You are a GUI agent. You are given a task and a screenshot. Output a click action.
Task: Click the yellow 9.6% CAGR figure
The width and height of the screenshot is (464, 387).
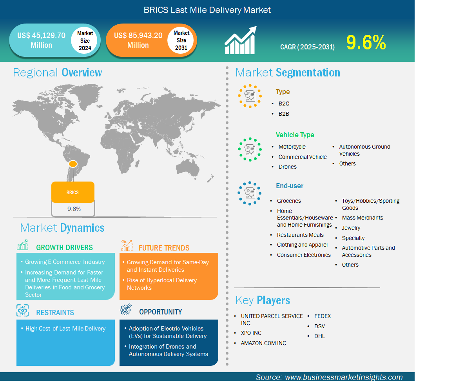coord(366,42)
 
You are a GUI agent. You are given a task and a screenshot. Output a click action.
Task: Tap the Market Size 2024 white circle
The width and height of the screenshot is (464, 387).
coord(85,40)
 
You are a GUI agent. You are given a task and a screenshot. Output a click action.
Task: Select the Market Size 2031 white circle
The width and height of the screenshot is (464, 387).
coord(181,40)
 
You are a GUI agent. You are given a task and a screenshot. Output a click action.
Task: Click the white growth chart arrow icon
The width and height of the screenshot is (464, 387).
coord(241,40)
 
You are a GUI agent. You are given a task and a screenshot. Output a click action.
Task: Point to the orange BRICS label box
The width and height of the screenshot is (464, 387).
coord(73,192)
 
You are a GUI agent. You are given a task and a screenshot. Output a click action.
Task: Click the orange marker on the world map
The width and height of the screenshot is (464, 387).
coord(73,164)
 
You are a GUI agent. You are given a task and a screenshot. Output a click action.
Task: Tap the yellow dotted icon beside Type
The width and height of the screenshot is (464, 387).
coord(250,96)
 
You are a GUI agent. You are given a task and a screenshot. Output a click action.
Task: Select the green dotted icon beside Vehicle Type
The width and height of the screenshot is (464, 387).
coord(250,149)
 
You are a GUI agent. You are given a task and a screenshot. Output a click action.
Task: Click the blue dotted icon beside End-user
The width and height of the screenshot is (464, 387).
coord(250,193)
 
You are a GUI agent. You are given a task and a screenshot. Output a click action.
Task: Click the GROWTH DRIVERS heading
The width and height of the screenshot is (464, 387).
coord(65,247)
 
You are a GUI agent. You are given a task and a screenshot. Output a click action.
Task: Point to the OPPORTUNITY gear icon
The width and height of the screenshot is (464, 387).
coord(126,309)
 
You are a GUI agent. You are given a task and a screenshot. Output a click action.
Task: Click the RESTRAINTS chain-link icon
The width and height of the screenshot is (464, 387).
coord(23,310)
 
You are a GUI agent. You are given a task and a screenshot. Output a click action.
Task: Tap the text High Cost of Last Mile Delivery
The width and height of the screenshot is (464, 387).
coord(65,328)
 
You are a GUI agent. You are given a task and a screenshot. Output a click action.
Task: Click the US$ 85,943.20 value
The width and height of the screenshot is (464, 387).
coord(138,36)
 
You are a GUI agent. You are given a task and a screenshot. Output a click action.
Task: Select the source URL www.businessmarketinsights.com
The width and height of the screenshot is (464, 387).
coord(344,377)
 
